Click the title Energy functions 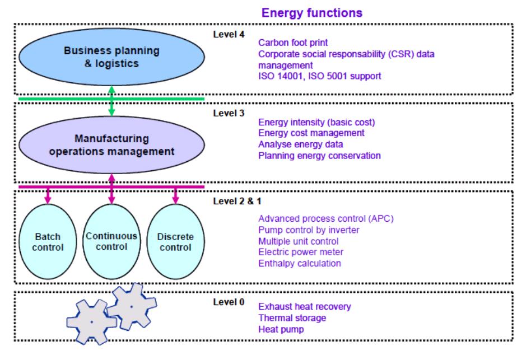point(312,13)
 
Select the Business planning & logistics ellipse point(112,57)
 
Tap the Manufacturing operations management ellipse point(112,145)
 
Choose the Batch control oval point(48,241)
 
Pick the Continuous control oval point(112,241)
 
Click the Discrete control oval point(175,241)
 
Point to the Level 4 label point(229,34)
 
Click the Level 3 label point(229,113)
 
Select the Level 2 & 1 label point(237,201)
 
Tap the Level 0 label point(229,302)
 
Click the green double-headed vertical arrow point(112,101)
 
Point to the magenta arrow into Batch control point(48,195)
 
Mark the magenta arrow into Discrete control point(175,195)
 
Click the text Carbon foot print point(293,43)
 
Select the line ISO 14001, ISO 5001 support point(320,76)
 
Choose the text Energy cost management point(311,133)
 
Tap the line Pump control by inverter point(309,230)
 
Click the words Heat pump point(281,329)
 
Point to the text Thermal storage point(292,318)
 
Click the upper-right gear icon point(132,307)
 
